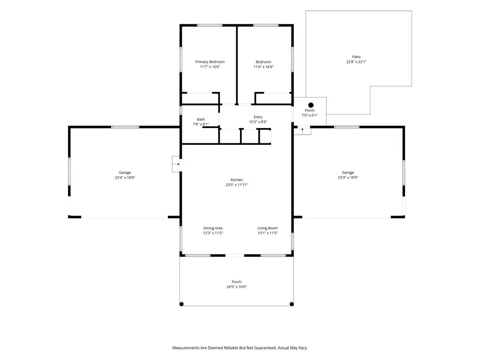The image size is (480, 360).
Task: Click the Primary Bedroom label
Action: click(210, 62)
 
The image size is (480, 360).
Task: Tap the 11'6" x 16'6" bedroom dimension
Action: click(263, 67)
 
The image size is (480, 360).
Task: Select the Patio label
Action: click(356, 57)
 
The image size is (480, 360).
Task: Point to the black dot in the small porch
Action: click(311, 105)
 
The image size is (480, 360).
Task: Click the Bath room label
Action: click(201, 120)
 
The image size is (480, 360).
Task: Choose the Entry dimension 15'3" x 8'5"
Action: click(258, 122)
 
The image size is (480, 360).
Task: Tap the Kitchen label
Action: click(237, 180)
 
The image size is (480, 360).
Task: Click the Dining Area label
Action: click(213, 228)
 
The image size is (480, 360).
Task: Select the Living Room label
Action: click(267, 228)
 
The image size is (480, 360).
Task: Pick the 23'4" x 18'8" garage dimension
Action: click(125, 178)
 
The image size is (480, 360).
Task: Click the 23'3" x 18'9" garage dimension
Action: click(348, 178)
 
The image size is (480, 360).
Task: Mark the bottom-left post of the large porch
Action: click(181, 304)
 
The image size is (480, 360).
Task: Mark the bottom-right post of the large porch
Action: click(292, 304)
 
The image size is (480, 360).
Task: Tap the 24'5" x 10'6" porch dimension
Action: click(236, 287)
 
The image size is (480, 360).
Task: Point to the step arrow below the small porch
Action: click(302, 130)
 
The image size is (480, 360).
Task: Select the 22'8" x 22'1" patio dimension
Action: click(356, 62)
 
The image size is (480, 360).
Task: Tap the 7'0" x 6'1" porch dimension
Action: click(309, 115)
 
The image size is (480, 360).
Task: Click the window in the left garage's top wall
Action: click(125, 127)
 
